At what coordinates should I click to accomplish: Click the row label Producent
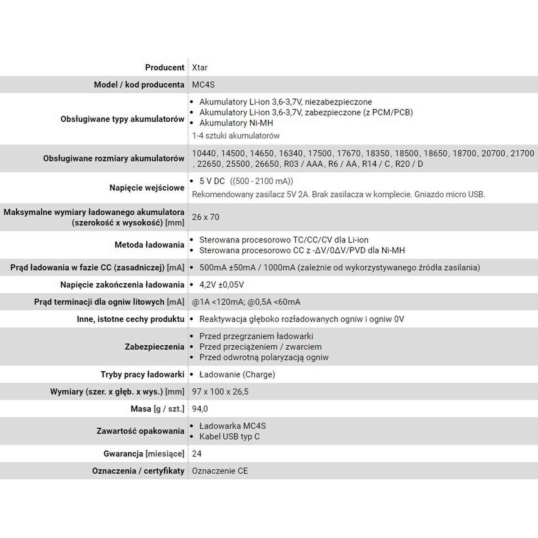[x=165, y=68]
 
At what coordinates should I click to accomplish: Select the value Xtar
[x=200, y=68]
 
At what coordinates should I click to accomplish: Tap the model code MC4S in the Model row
[x=204, y=85]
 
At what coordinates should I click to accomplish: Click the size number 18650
[x=435, y=153]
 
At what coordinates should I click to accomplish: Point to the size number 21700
[x=522, y=153]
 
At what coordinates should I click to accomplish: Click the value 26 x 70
[x=206, y=217]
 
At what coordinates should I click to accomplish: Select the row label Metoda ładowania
[x=149, y=245]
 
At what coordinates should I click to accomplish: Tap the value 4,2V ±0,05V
[x=221, y=285]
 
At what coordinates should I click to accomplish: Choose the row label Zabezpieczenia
[x=154, y=347]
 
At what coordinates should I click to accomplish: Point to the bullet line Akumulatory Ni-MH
[x=236, y=123]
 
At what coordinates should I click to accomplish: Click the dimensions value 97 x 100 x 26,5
[x=220, y=392]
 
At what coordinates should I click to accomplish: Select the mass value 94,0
[x=200, y=409]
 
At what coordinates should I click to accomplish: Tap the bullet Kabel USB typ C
[x=229, y=437]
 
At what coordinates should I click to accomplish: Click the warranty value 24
[x=197, y=454]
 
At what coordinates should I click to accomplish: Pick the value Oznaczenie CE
[x=220, y=471]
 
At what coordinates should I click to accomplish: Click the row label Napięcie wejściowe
[x=147, y=188]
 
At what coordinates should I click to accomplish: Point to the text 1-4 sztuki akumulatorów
[x=236, y=136]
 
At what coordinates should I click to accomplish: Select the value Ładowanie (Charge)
[x=237, y=374]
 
